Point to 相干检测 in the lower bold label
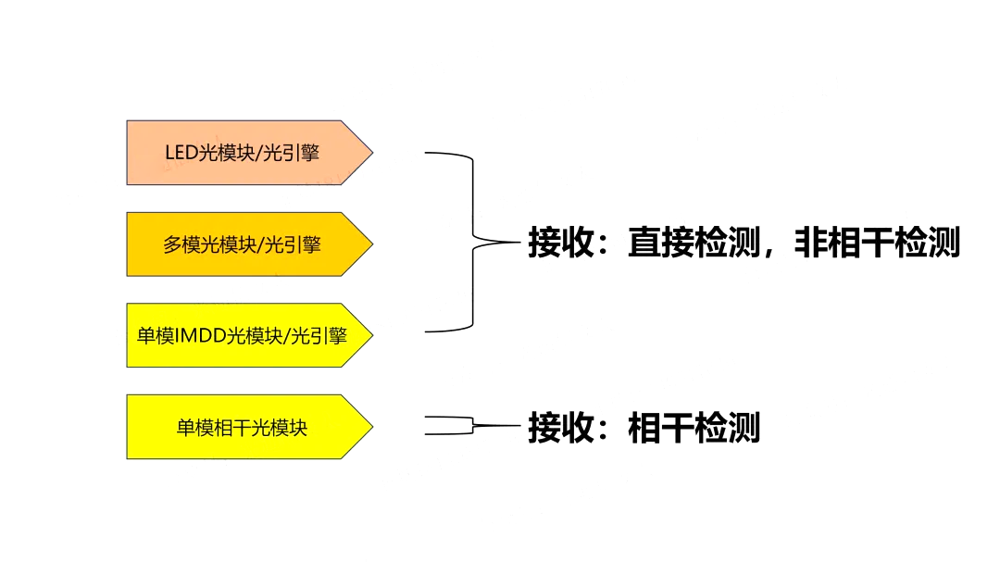(694, 428)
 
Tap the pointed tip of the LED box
(370, 153)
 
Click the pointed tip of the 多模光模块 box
(370, 244)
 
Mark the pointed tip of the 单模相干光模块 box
(370, 427)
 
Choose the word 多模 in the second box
(181, 244)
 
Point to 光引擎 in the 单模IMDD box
(319, 335)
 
